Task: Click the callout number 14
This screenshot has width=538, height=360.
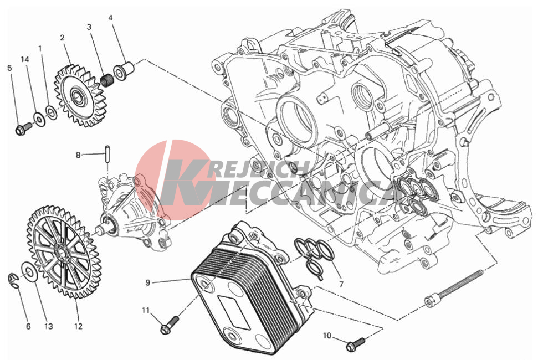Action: click(25, 59)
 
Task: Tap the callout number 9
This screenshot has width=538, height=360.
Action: click(148, 283)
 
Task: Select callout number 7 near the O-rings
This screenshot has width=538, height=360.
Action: click(341, 284)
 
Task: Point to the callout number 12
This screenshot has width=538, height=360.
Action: click(78, 326)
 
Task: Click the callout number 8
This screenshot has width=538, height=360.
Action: click(78, 155)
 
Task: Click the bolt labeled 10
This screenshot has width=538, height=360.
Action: click(356, 344)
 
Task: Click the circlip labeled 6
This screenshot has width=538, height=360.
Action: click(12, 280)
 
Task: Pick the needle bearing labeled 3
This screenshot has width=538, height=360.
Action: click(107, 80)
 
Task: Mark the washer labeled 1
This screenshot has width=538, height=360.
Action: click(52, 112)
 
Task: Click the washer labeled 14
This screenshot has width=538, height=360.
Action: click(39, 119)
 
